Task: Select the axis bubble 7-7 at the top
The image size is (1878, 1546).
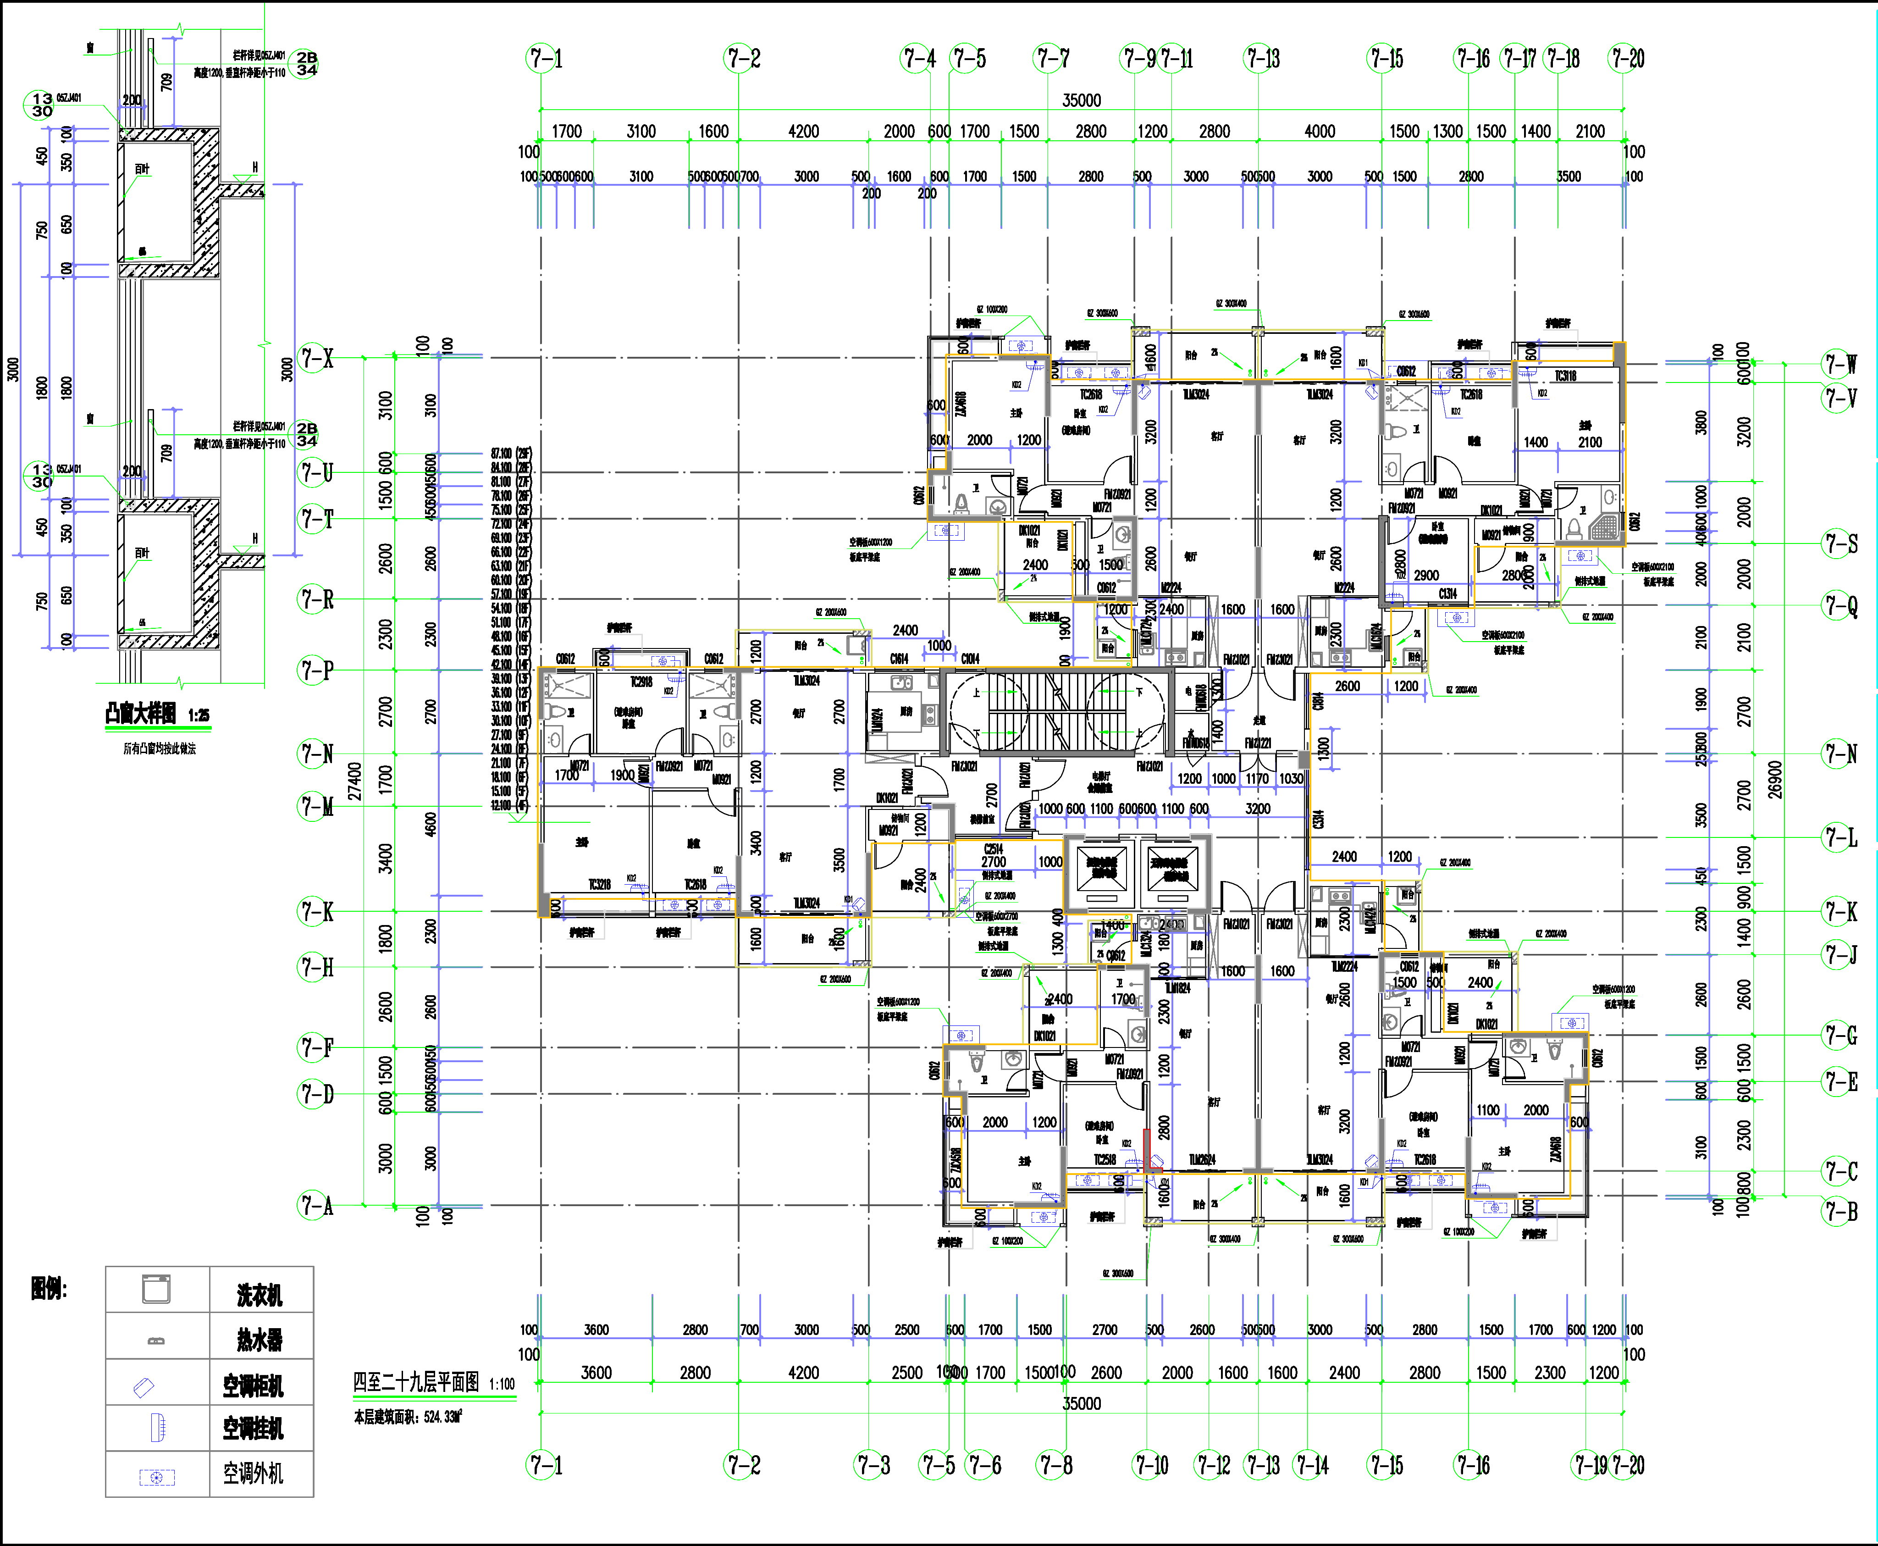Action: (x=1052, y=59)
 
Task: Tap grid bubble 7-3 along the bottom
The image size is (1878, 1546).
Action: (x=873, y=1465)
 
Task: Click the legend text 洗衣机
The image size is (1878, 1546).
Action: (x=259, y=1296)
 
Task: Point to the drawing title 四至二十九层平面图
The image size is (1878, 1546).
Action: (x=416, y=1382)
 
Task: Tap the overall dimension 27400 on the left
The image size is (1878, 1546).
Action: (x=354, y=781)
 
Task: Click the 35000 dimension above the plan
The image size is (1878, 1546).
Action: (x=1081, y=100)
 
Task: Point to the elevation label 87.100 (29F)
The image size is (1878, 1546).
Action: (x=511, y=453)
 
